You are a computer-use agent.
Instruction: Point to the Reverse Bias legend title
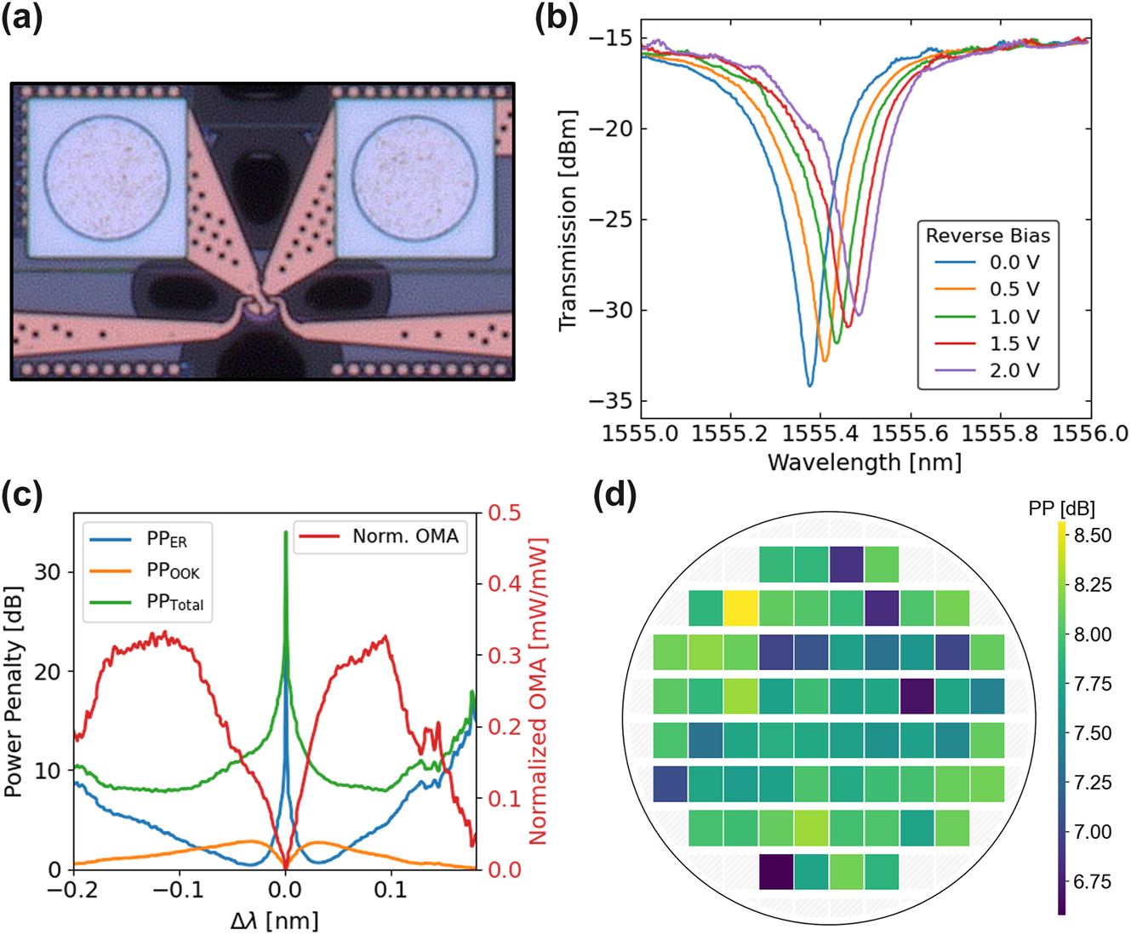click(988, 235)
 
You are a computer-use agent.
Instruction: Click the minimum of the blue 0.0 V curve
click(810, 386)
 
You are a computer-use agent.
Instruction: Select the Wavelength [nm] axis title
click(865, 462)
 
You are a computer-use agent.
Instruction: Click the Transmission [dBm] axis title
click(568, 220)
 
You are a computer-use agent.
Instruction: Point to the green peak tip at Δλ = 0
click(285, 532)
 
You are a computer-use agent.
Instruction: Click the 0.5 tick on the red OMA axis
click(504, 513)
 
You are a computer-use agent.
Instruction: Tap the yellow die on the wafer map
click(740, 608)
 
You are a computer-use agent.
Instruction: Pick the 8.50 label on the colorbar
click(1092, 536)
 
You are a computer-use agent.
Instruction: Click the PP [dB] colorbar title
click(1060, 508)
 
